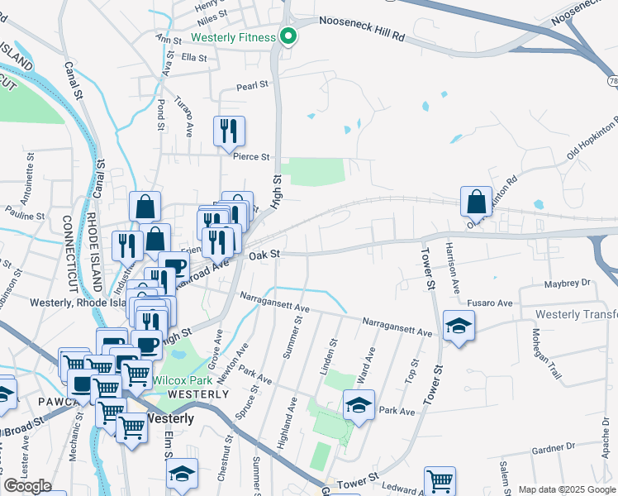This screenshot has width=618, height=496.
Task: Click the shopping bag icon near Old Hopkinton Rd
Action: [x=477, y=201]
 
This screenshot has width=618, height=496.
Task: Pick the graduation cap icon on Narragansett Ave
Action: [x=457, y=326]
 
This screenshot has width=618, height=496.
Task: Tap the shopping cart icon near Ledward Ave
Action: [x=439, y=480]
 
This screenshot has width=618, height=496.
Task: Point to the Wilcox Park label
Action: [x=183, y=381]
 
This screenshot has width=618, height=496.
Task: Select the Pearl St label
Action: [x=253, y=84]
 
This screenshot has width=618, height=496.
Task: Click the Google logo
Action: [x=27, y=486]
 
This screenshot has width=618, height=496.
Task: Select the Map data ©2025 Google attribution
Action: [x=566, y=489]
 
